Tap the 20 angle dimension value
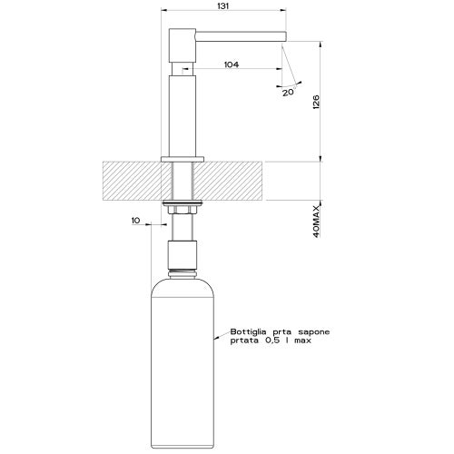[x=289, y=91]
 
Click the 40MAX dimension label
[x=315, y=221]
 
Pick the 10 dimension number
[x=136, y=221]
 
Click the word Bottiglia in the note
[x=247, y=332]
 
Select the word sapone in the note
[x=311, y=332]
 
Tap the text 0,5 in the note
[x=270, y=343]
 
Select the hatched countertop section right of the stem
[x=234, y=180]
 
